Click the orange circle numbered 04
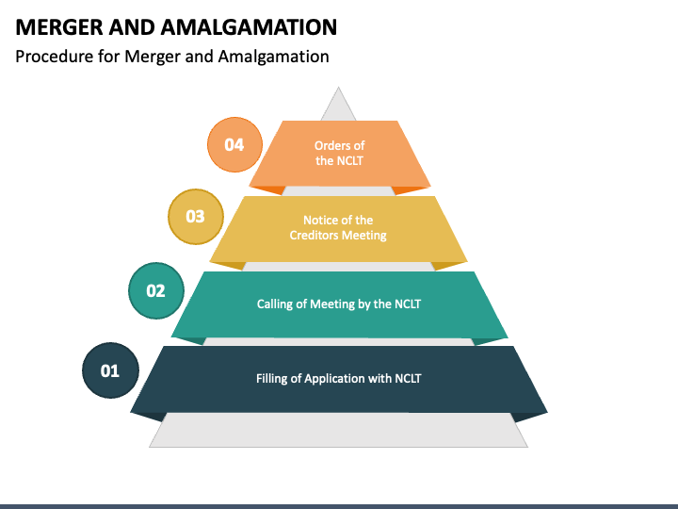tap(234, 144)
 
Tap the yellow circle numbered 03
tap(196, 217)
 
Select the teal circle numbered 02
tap(156, 290)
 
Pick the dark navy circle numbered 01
tap(111, 370)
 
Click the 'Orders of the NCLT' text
tap(339, 153)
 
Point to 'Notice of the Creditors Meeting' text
tap(338, 228)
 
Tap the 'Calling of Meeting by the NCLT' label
tap(339, 304)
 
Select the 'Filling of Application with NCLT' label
tap(339, 378)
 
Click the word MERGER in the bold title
tap(58, 26)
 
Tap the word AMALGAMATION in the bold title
tap(249, 26)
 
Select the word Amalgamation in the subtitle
tap(273, 57)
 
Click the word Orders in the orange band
tap(330, 145)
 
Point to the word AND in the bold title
tap(132, 26)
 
